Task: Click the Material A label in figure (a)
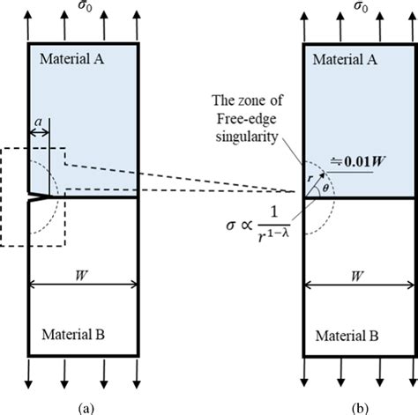73,58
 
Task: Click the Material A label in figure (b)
347,58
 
